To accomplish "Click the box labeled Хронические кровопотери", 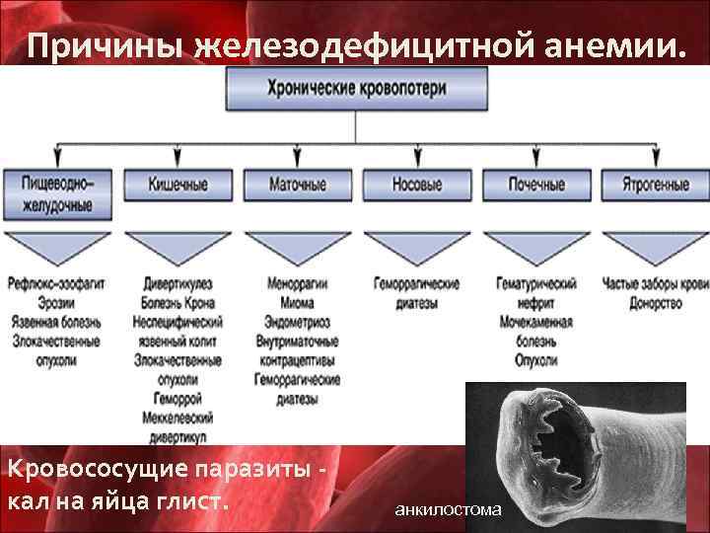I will click(x=356, y=89).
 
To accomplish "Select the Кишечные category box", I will click(x=177, y=185).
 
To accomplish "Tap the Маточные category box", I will click(x=297, y=185).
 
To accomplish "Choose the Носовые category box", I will click(x=416, y=185).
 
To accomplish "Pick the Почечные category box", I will click(x=536, y=185).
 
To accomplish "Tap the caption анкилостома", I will click(x=448, y=510).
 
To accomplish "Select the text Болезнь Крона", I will click(x=177, y=303).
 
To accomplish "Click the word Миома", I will click(x=297, y=303).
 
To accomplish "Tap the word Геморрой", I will click(x=177, y=398).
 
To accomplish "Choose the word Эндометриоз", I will click(x=297, y=322).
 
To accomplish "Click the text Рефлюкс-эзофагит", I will click(x=56, y=284).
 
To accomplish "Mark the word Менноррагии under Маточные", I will click(x=297, y=284).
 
